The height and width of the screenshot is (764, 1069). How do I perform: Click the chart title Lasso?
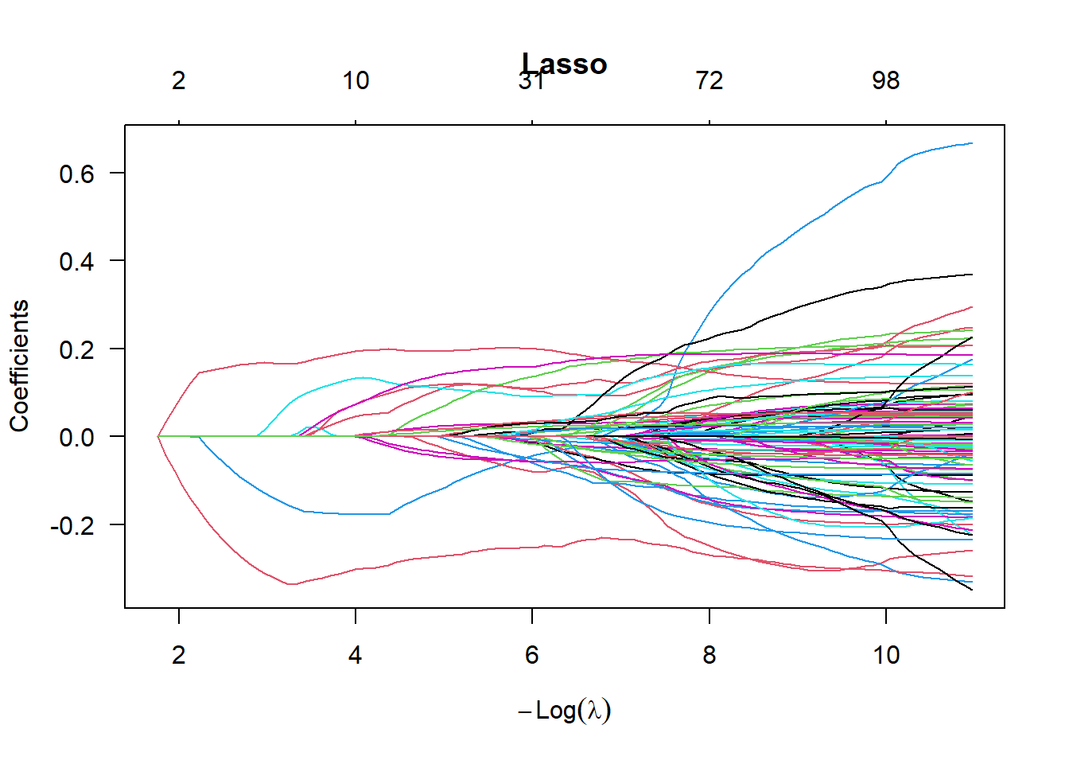coord(565,64)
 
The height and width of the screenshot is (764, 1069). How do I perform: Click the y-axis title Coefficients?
coord(19,366)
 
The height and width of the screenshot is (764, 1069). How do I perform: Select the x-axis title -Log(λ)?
coord(565,710)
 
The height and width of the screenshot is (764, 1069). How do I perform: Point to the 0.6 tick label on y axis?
coord(76,173)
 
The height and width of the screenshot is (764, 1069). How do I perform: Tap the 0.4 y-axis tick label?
coord(76,261)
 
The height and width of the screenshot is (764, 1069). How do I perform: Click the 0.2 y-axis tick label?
coord(76,349)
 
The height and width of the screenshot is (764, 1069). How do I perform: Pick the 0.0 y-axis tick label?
coord(76,437)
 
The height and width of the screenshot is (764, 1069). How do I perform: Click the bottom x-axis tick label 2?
coord(179,654)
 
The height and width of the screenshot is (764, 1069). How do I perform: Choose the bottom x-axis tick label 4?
coord(356,654)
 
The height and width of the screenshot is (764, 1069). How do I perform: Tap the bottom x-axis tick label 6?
coord(532,654)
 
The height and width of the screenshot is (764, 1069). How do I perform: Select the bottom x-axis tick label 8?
coord(709,654)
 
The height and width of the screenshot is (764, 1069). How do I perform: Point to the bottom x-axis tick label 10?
coord(886,654)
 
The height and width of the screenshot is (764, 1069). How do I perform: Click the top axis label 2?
coord(179,80)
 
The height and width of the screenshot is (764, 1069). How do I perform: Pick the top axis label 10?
coord(356,80)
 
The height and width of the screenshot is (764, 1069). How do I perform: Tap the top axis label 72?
coord(709,80)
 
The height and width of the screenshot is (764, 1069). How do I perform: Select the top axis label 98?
coord(886,80)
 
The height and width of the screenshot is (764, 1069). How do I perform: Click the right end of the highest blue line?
coord(972,143)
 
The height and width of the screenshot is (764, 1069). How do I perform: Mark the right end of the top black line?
coord(972,275)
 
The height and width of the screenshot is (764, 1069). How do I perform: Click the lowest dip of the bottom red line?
coord(292,584)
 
